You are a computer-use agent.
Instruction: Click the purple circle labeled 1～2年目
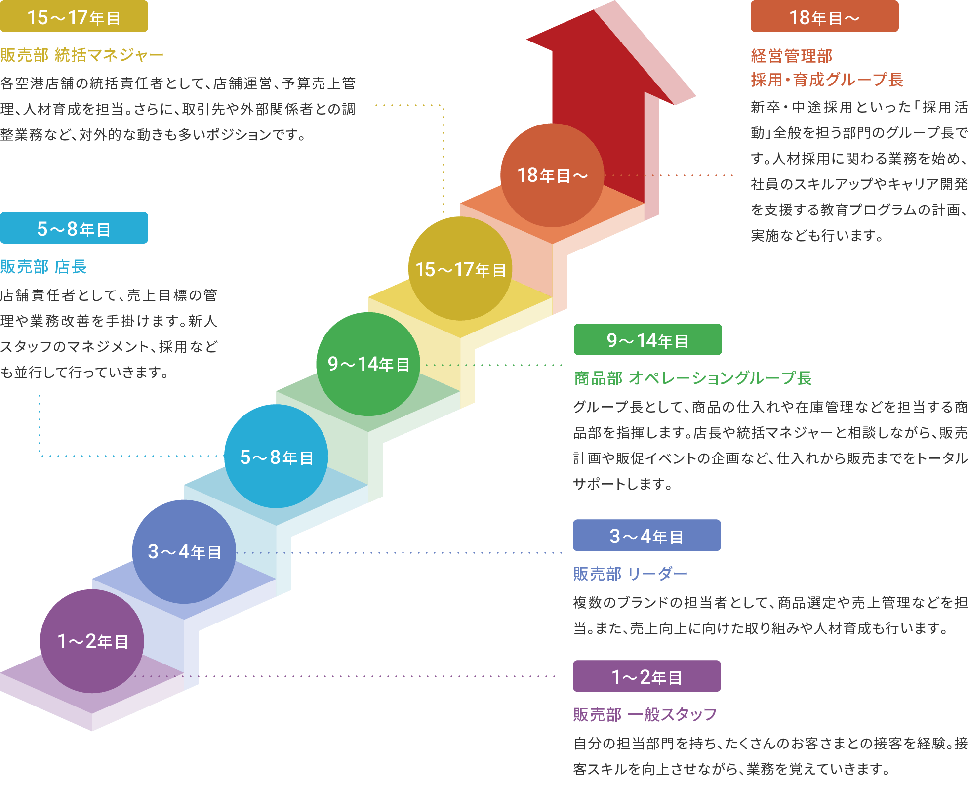tap(92, 641)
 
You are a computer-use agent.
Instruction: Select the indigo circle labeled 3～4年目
tap(184, 552)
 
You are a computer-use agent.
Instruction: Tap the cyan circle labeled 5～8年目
tap(276, 457)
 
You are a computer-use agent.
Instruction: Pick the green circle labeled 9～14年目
tap(368, 364)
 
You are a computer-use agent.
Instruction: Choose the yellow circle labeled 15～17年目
tap(460, 269)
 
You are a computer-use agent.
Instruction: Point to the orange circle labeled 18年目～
tap(552, 175)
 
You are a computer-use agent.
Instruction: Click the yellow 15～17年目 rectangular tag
tap(74, 17)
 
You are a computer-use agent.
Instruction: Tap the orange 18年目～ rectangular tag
tap(824, 17)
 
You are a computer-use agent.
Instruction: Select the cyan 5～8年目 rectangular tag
tap(74, 228)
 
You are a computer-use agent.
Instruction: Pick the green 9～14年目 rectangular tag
tap(647, 340)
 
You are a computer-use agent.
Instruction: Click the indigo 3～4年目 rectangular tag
tap(646, 536)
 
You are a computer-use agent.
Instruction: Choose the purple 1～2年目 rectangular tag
tap(646, 676)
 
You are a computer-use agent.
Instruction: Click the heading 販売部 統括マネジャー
tap(82, 55)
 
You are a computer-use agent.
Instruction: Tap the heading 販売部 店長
tap(43, 267)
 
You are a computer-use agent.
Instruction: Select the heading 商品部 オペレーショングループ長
tap(693, 378)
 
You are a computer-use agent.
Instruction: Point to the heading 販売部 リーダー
tap(630, 574)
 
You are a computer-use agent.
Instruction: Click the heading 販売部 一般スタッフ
tap(645, 715)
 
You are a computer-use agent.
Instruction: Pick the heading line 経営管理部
tap(792, 56)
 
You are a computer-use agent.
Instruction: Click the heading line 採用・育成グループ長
tap(827, 80)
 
